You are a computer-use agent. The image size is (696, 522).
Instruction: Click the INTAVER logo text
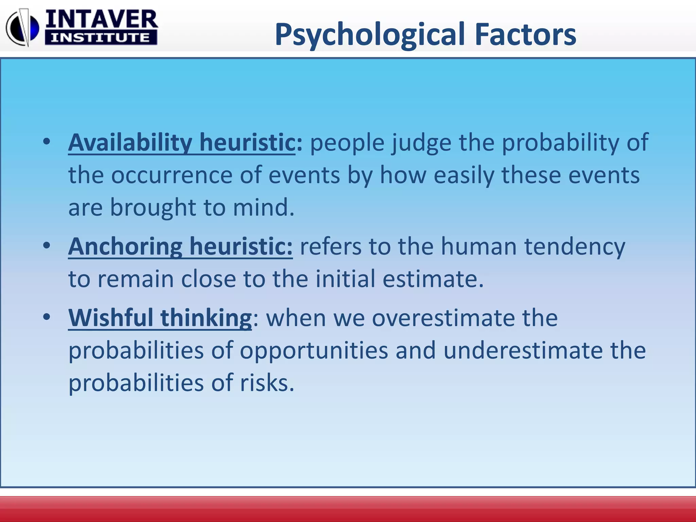click(101, 20)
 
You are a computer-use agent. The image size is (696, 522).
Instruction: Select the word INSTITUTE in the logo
click(101, 38)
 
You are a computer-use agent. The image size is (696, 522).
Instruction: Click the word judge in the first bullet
click(421, 143)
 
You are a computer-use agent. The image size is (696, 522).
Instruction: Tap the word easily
click(464, 176)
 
